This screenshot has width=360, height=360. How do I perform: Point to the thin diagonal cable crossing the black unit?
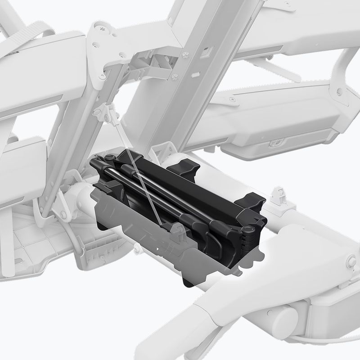pyautogui.click(x=144, y=180)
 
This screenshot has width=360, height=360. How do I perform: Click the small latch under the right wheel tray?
pyautogui.click(x=274, y=144)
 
